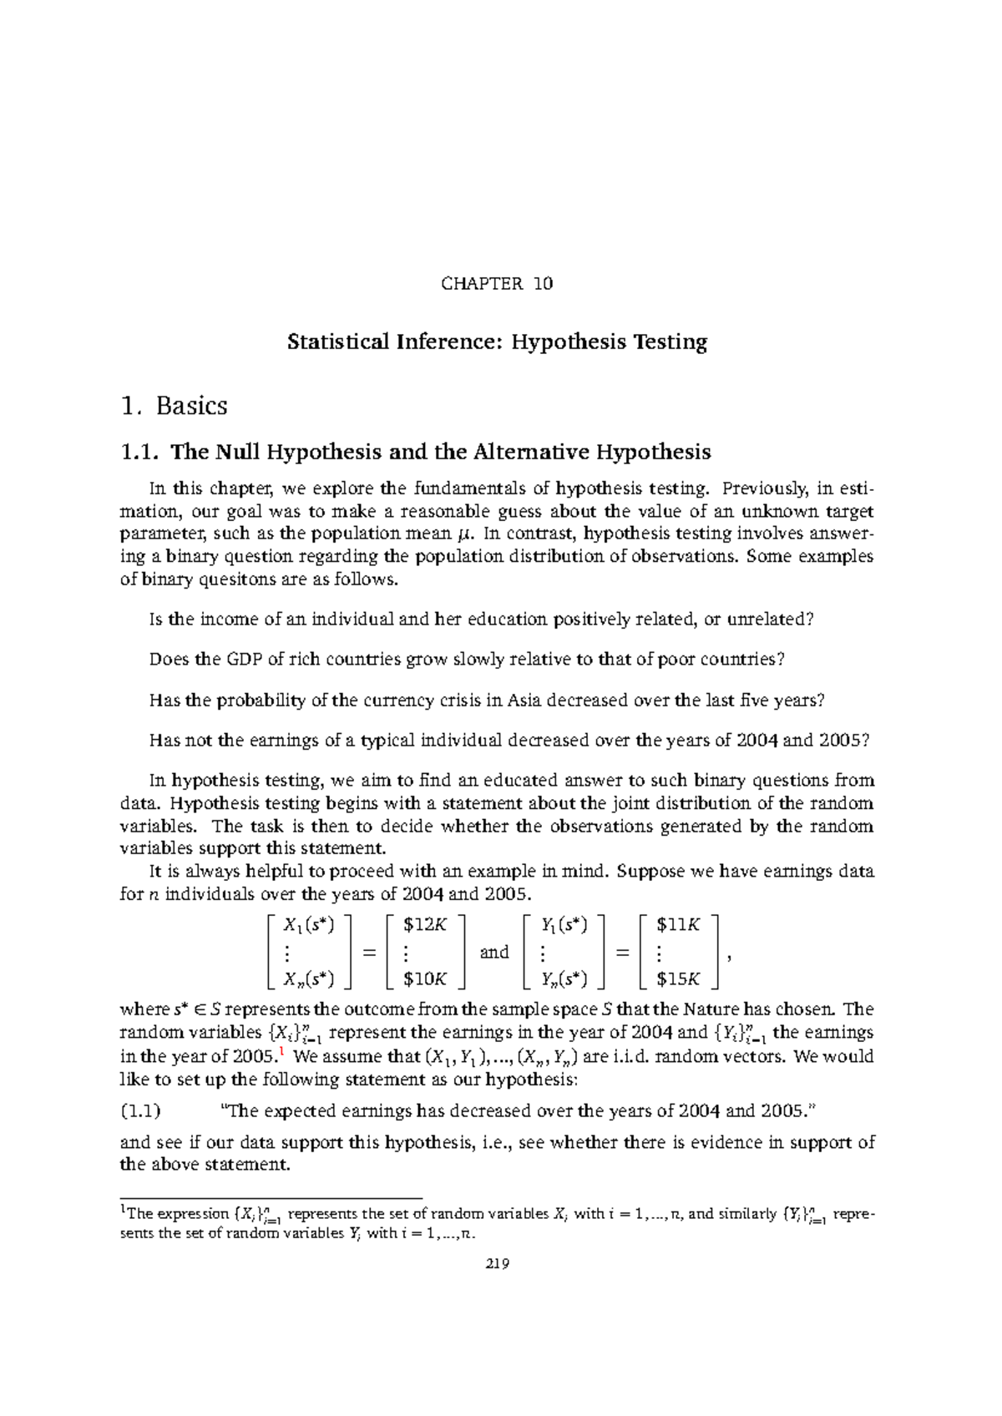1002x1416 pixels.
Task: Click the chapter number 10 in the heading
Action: [x=543, y=284]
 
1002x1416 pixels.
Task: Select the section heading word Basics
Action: [x=192, y=407]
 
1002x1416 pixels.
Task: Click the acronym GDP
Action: [x=245, y=660]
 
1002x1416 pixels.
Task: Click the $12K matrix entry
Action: [x=424, y=925]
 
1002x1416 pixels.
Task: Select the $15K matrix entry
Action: [x=678, y=979]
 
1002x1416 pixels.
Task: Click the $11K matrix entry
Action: [x=678, y=925]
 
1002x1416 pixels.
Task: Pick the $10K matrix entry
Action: [x=424, y=979]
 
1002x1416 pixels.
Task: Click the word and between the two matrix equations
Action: [x=494, y=953]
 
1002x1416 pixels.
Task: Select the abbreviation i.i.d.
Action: [x=630, y=1057]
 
